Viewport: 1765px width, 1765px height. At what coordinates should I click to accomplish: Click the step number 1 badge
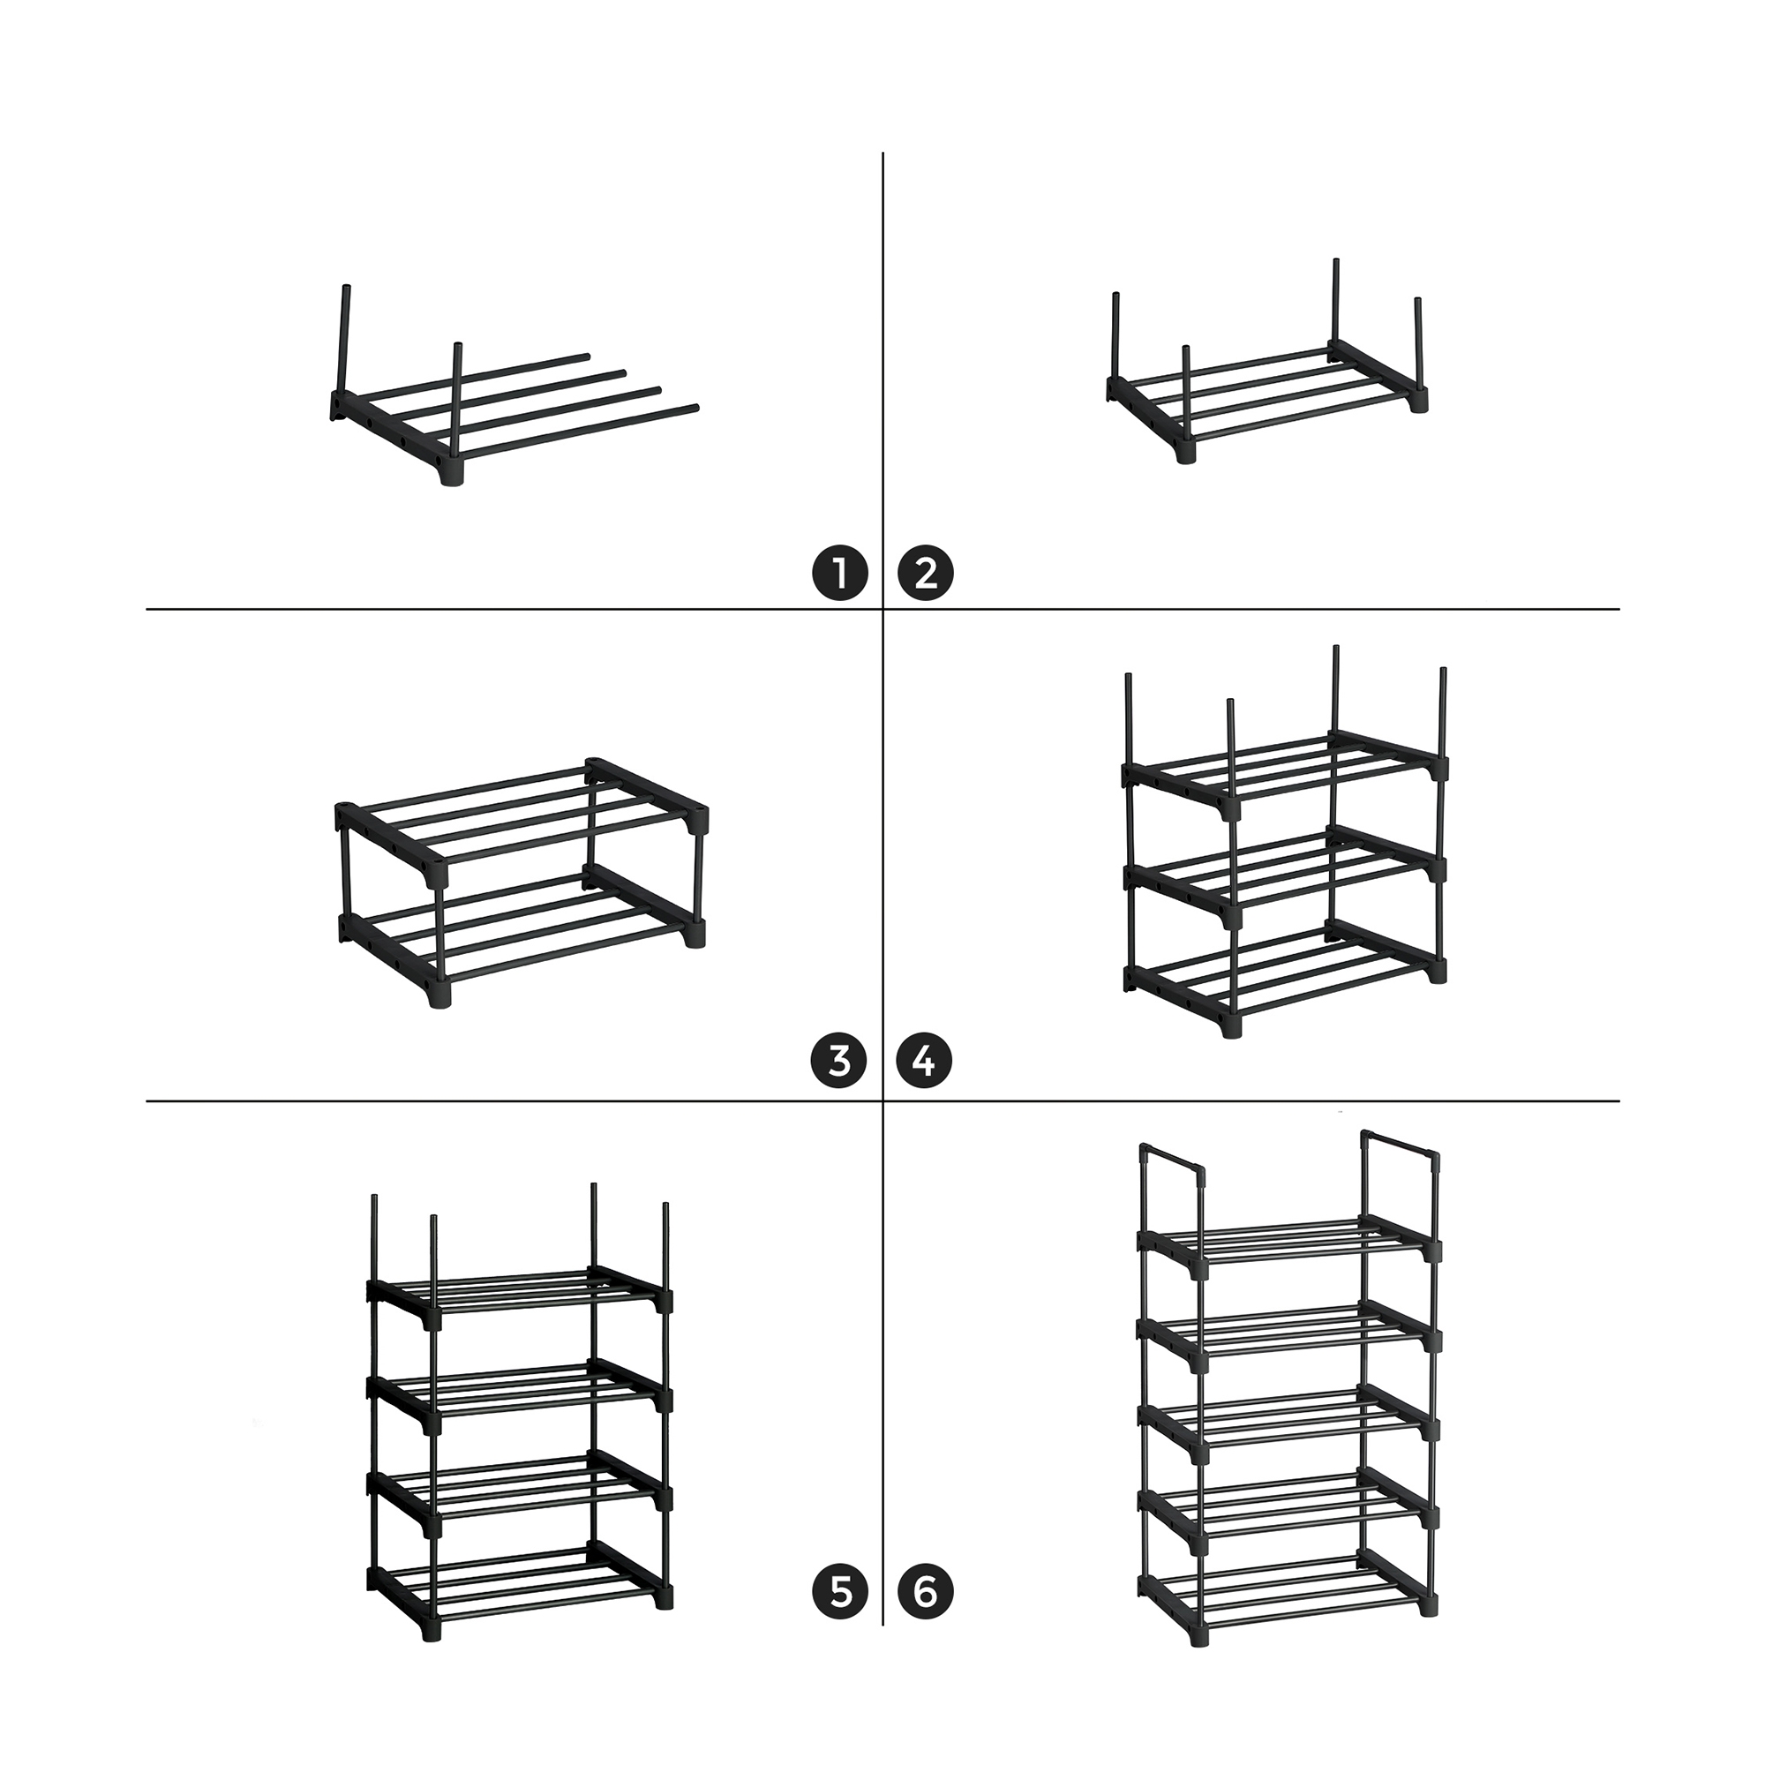click(839, 575)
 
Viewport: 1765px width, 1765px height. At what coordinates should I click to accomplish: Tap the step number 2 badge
click(927, 575)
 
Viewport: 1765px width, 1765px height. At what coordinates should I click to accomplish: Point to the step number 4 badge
click(925, 1062)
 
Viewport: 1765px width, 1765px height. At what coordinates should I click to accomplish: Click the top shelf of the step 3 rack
click(522, 822)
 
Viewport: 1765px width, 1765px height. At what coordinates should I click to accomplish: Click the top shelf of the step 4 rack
click(1286, 774)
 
